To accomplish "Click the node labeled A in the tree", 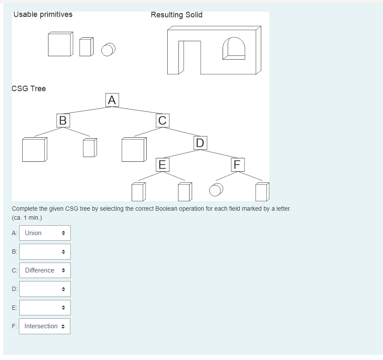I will click(x=112, y=100).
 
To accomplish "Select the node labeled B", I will click(x=63, y=120).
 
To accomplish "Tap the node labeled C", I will click(x=163, y=120).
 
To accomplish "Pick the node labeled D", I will click(x=200, y=142).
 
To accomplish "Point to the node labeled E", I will click(x=162, y=164).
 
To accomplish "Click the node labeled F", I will click(x=238, y=164).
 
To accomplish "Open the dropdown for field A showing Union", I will click(x=45, y=233).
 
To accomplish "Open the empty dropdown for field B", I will click(x=45, y=251).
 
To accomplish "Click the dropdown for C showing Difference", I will click(x=45, y=270).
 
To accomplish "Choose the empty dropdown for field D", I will click(x=45, y=289).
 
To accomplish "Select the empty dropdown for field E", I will click(x=45, y=308).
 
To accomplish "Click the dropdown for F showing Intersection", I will click(x=45, y=326).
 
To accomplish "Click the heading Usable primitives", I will click(x=43, y=15).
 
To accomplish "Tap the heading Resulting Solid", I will click(x=176, y=15).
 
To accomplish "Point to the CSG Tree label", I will click(x=29, y=88).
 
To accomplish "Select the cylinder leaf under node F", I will click(x=216, y=190).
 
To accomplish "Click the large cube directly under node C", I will click(x=134, y=150).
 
